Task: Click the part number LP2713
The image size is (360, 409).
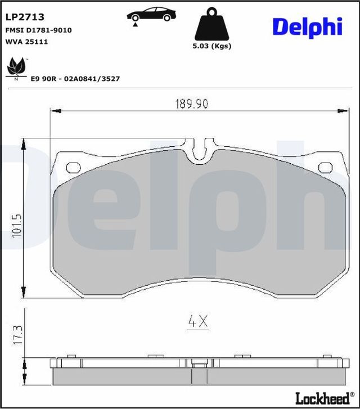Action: [x=25, y=18]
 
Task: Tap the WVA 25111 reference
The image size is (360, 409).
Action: [x=26, y=41]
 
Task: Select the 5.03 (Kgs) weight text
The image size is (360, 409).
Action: [x=211, y=47]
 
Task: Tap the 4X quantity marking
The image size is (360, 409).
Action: [x=197, y=322]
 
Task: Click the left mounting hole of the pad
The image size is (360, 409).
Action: [x=74, y=167]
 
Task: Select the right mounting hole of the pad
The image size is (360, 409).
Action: [x=326, y=167]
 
